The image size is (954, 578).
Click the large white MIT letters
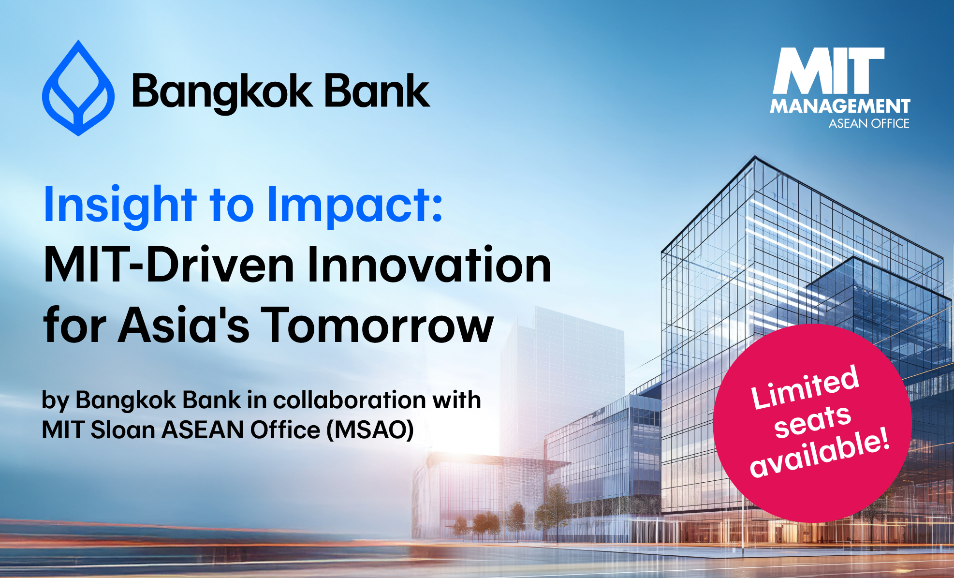point(829,71)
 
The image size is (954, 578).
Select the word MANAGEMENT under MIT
point(840,106)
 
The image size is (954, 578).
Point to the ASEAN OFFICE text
point(869,124)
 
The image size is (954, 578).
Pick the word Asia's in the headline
point(184,325)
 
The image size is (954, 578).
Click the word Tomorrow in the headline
point(378,325)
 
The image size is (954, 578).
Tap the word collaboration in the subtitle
point(350,400)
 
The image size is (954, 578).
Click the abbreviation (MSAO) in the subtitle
point(370,430)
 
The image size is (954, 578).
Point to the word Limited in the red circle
point(805,387)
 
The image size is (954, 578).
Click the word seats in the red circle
point(812,421)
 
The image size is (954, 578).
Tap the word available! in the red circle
point(820,452)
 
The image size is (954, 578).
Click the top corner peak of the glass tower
point(755,156)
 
